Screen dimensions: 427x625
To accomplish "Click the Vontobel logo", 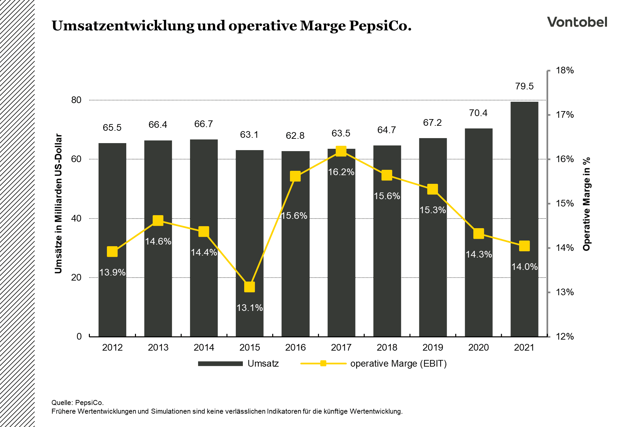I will [x=577, y=22].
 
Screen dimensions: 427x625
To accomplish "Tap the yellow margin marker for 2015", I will [x=250, y=287].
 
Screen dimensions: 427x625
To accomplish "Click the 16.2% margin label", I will [x=341, y=172].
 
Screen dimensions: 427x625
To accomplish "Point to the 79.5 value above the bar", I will [x=524, y=86].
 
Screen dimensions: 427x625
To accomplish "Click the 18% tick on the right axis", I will [x=565, y=70].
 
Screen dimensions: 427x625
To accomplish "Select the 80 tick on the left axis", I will [x=76, y=100].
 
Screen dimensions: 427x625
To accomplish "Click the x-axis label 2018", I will [x=387, y=348].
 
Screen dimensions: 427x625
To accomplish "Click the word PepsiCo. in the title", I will [x=380, y=26].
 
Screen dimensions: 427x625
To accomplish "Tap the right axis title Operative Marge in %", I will [x=587, y=204].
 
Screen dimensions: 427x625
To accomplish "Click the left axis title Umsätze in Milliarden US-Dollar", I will [x=58, y=204].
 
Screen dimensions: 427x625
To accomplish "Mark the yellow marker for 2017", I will [x=341, y=151].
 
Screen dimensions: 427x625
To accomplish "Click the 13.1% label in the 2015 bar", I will [x=250, y=308].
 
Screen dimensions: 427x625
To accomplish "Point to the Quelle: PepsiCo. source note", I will [x=77, y=403].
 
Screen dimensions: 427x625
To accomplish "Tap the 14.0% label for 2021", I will [x=524, y=267].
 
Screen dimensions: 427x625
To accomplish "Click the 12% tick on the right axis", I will [x=565, y=337].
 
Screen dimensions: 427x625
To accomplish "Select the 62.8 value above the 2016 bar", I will [x=295, y=136].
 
